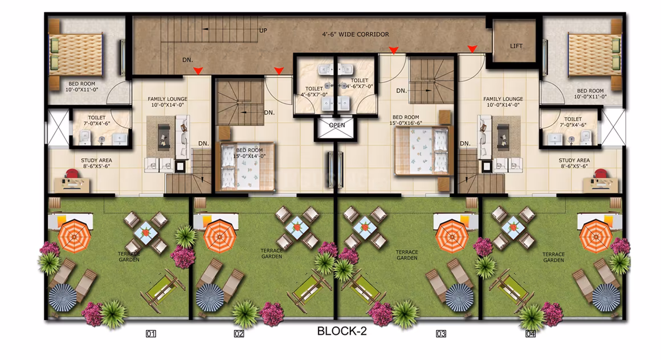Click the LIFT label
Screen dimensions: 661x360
(x=516, y=46)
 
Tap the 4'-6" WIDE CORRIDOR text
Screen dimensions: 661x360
(x=356, y=34)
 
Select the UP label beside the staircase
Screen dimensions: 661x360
(x=263, y=30)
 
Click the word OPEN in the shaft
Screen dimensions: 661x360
(x=337, y=125)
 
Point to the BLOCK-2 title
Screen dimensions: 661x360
(x=342, y=331)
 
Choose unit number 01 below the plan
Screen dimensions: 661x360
(x=151, y=334)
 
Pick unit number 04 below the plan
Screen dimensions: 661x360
(x=531, y=334)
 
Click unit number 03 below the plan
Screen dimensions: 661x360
(x=441, y=334)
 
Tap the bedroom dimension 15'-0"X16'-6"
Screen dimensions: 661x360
(x=406, y=123)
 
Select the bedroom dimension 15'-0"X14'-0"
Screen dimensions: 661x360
(x=249, y=156)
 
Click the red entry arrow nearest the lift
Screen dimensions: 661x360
(x=472, y=49)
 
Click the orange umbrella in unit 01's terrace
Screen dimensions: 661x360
(x=75, y=236)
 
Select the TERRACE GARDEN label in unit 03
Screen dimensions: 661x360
(x=407, y=255)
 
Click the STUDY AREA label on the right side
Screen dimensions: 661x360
(x=574, y=160)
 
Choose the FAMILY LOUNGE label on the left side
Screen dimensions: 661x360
(x=168, y=99)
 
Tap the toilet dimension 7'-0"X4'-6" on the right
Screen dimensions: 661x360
(x=573, y=125)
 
